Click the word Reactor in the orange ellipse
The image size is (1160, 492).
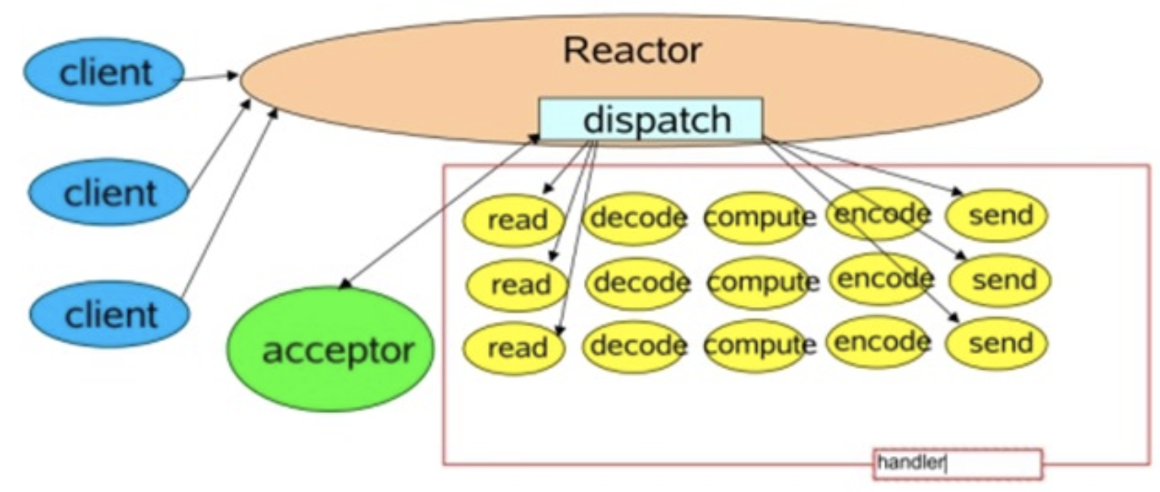click(x=632, y=51)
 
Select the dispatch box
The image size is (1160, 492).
click(x=651, y=119)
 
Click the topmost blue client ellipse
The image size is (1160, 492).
click(x=104, y=72)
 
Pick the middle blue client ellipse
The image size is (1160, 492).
click(x=108, y=193)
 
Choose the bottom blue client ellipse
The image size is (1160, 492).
click(x=110, y=314)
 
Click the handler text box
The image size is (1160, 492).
click(x=957, y=463)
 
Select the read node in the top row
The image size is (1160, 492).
click(x=514, y=219)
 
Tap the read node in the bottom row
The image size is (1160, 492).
click(x=514, y=348)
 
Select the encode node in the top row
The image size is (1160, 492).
click(x=878, y=214)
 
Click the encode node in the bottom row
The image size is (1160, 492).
click(x=878, y=342)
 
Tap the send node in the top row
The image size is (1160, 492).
click(x=997, y=216)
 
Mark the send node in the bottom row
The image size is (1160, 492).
click(x=997, y=343)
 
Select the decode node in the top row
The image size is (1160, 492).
click(x=636, y=218)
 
